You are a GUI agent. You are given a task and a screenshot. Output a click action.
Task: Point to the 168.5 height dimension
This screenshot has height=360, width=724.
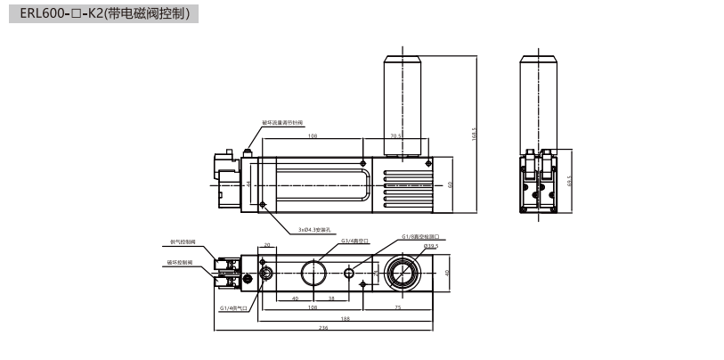point(475,134)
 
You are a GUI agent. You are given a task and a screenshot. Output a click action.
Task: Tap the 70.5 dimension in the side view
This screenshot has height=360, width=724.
point(395,136)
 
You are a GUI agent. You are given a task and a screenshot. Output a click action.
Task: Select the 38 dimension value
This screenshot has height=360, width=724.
point(331,298)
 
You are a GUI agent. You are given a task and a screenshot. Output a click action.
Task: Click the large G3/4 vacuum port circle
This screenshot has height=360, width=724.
point(314,272)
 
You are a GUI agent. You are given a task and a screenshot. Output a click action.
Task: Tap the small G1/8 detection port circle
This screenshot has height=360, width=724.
point(349,273)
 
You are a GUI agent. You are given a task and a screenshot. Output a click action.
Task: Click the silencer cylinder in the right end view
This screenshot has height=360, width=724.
point(539,97)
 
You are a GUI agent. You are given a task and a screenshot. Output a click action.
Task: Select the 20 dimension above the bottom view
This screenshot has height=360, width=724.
point(267,243)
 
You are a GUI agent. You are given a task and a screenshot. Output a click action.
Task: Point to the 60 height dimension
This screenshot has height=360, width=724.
point(451,184)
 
